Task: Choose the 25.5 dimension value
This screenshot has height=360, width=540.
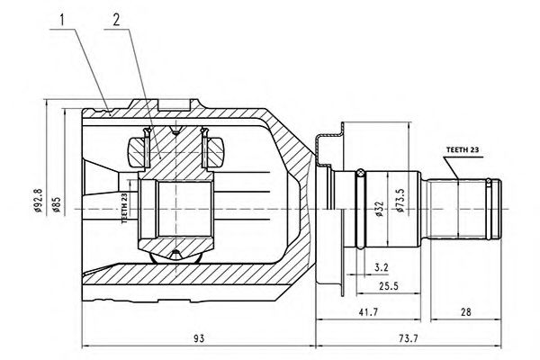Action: (387, 287)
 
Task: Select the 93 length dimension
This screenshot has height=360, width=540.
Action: (200, 338)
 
